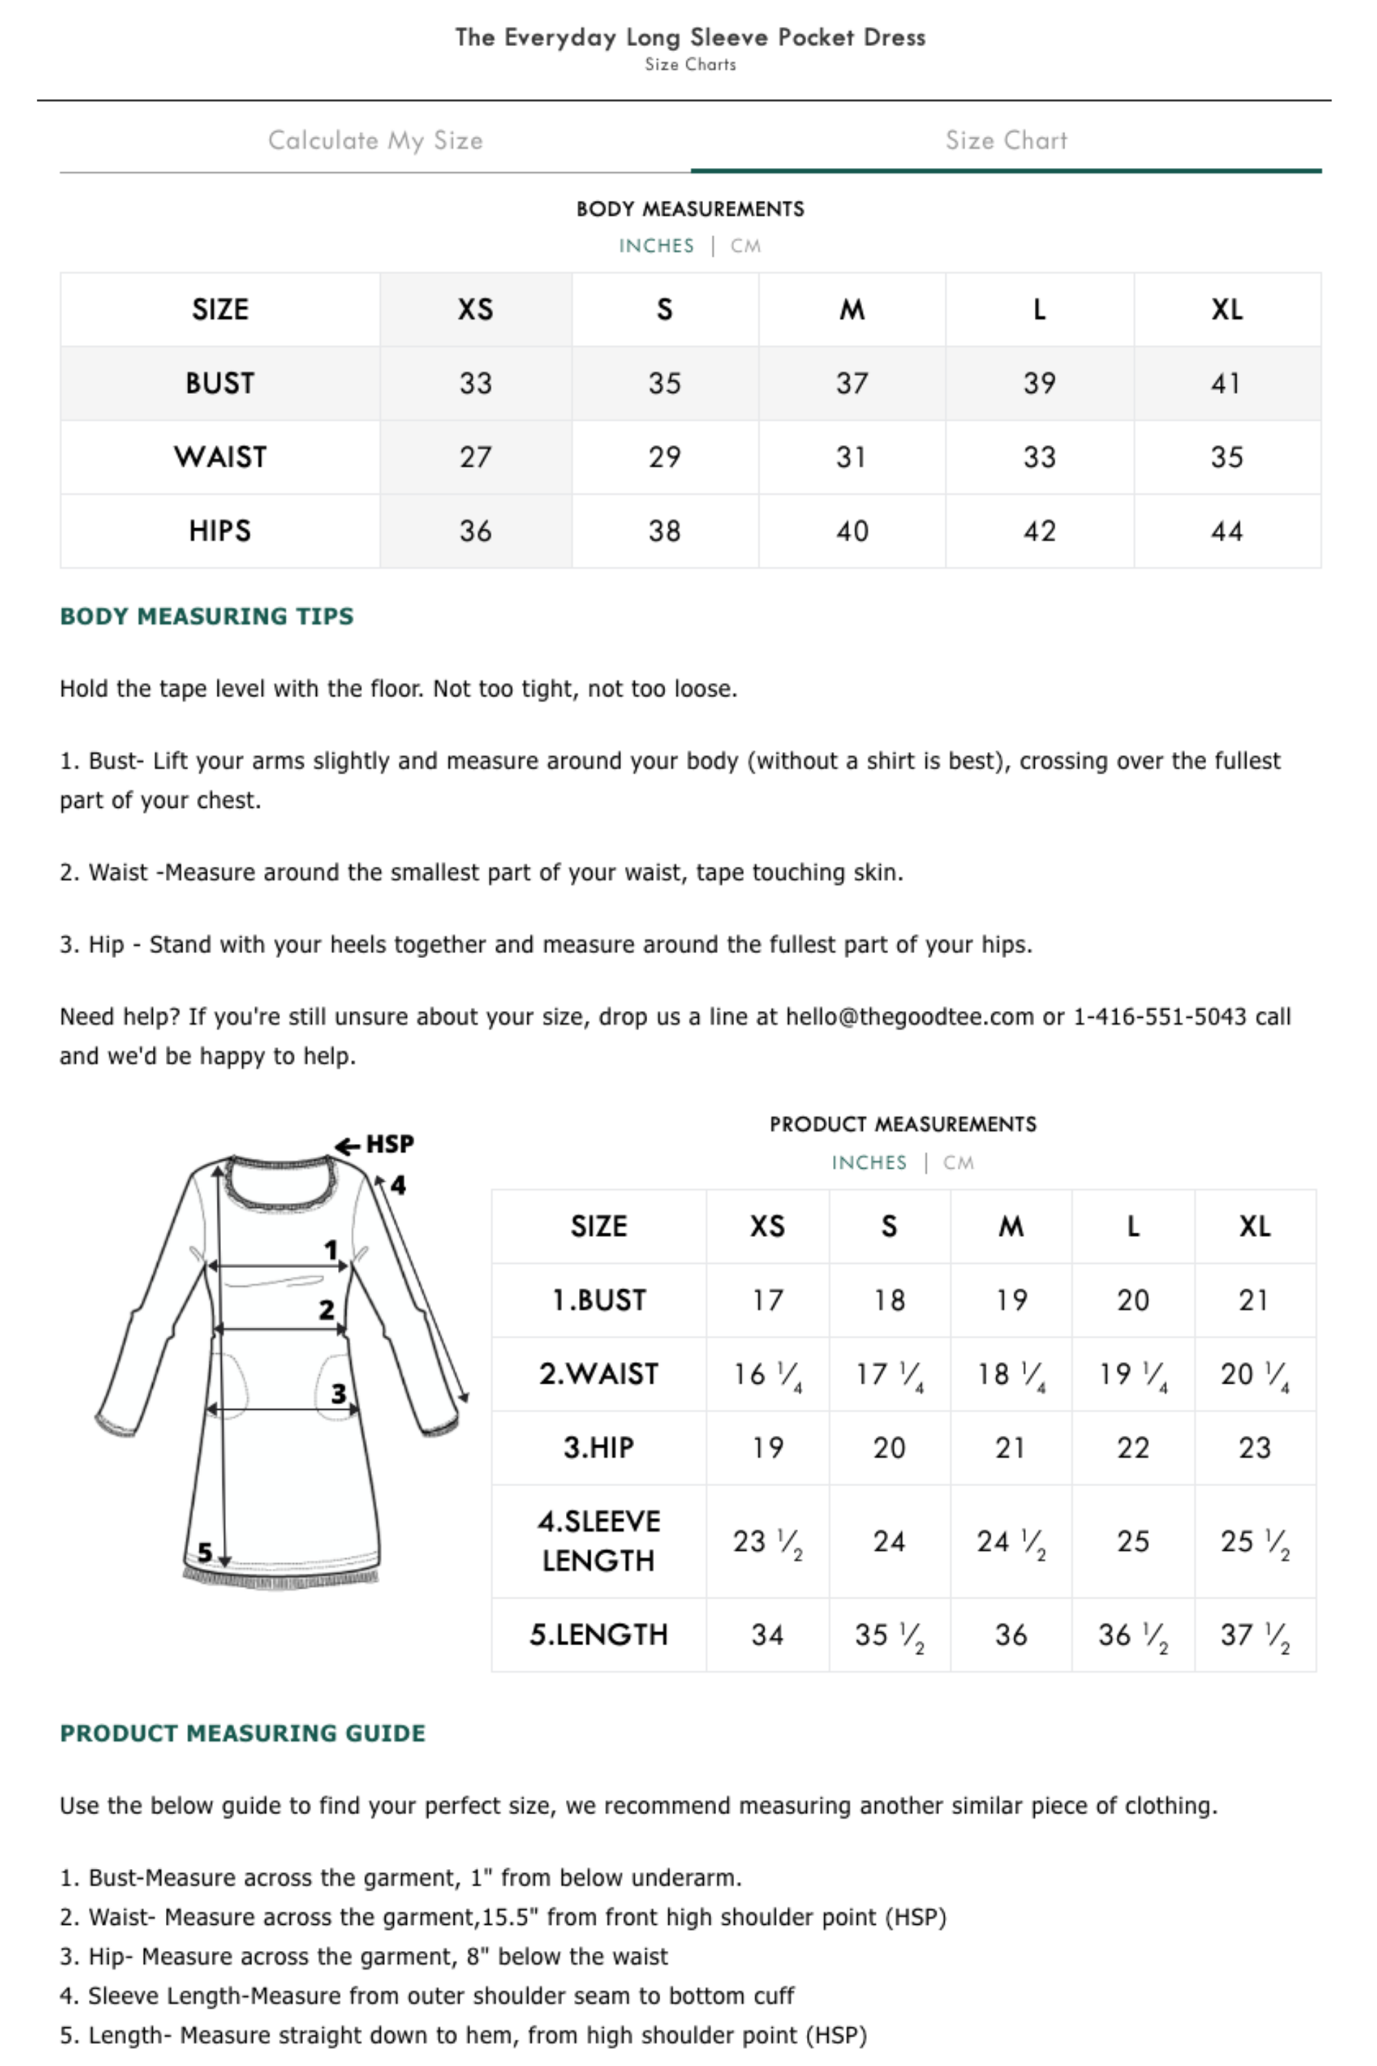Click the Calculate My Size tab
pos(375,140)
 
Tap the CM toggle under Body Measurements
pos(746,246)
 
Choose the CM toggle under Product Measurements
pos(958,1163)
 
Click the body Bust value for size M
pos(852,383)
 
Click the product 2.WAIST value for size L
pos(1133,1374)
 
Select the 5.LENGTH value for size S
pos(889,1635)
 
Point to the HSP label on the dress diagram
pos(389,1144)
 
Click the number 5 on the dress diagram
pos(204,1552)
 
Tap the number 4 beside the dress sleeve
pos(398,1185)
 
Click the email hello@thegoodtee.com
pos(909,1016)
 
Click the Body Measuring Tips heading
pos(207,616)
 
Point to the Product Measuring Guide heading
pos(242,1733)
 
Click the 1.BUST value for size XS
pos(767,1300)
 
